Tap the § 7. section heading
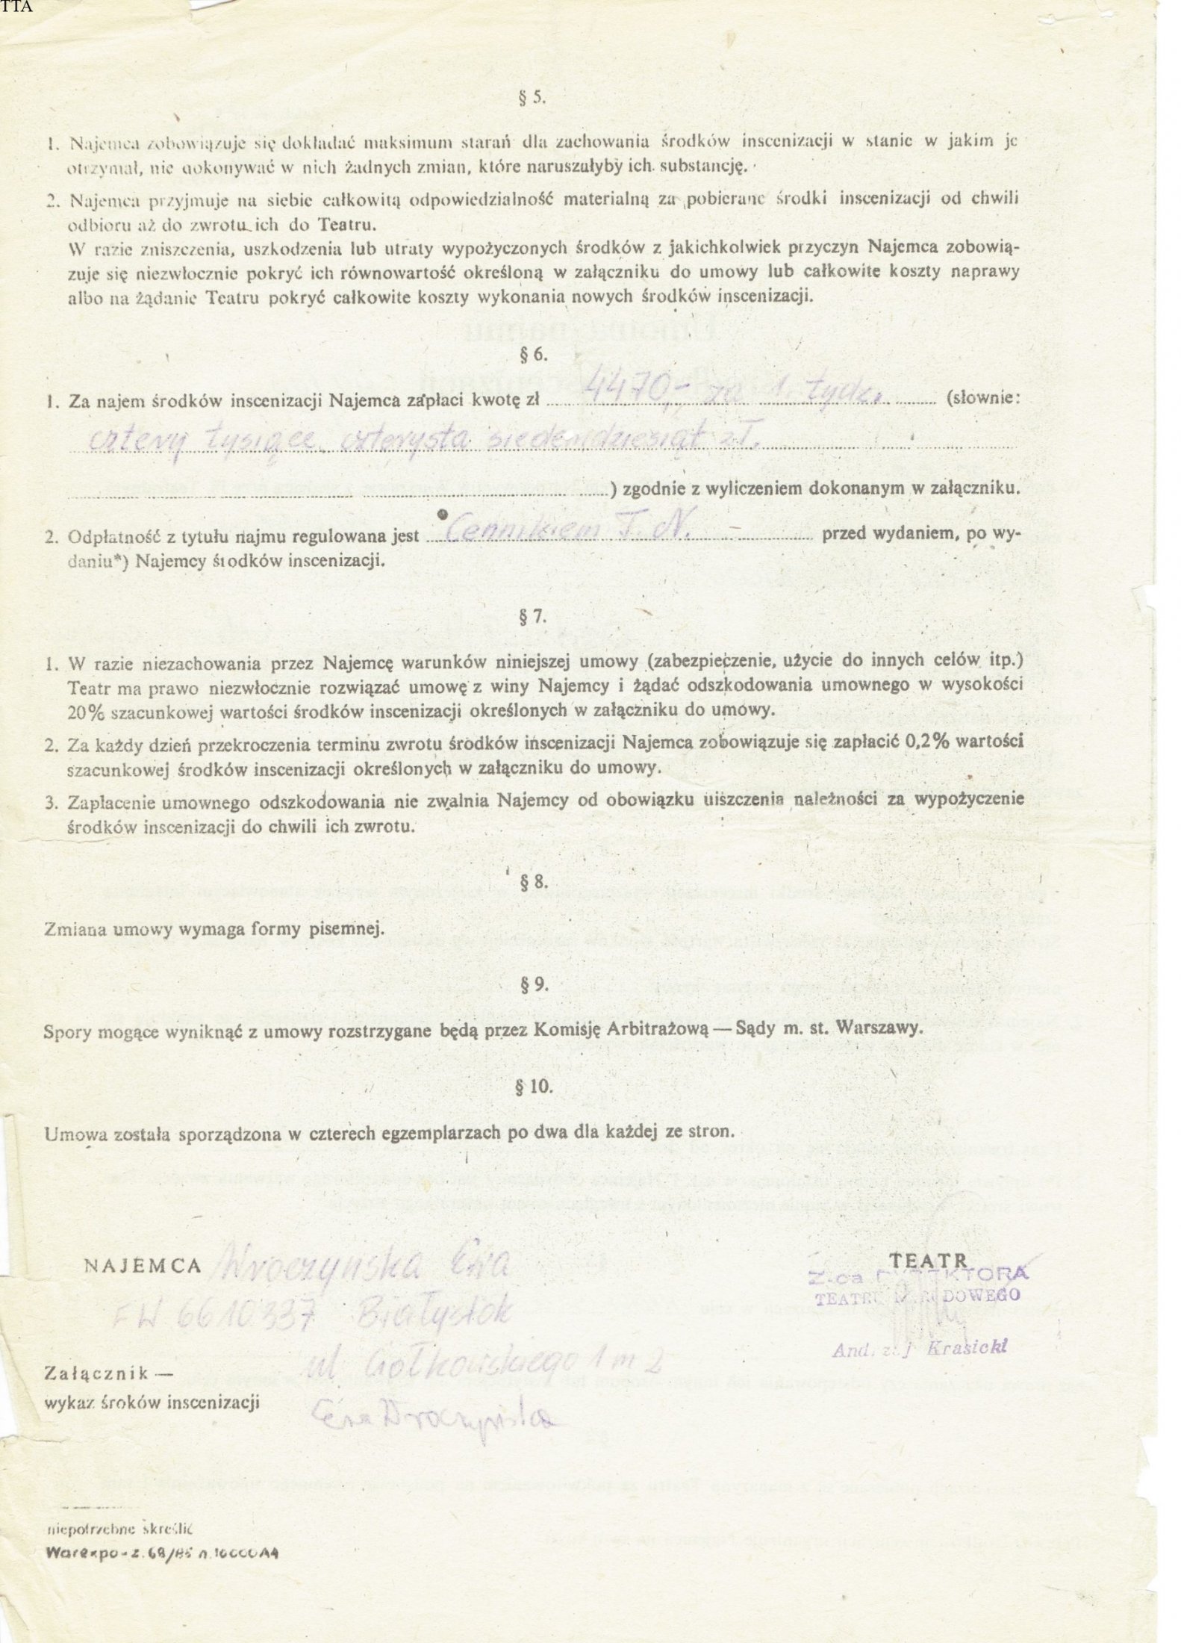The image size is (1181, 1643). [x=536, y=617]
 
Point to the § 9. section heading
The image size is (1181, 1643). [x=536, y=984]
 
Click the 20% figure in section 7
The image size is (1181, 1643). [x=83, y=712]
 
